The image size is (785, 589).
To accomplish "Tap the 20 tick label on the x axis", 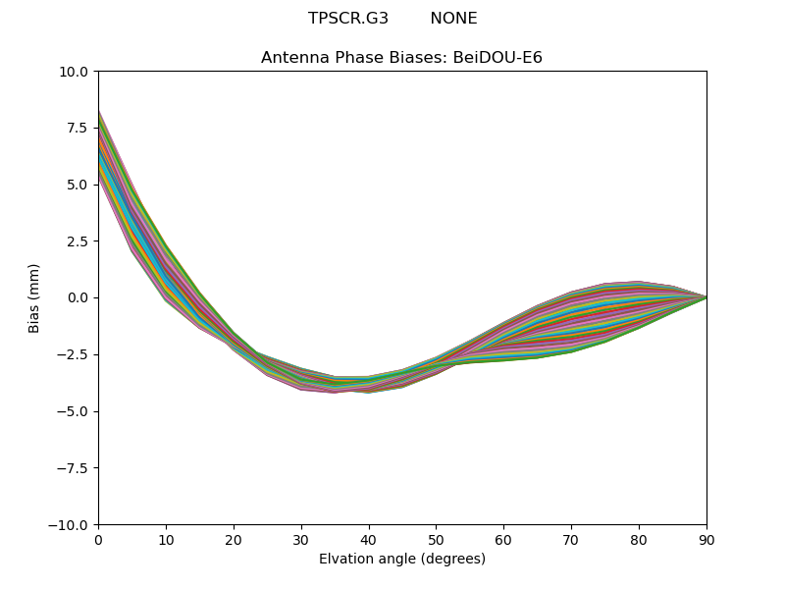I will pyautogui.click(x=234, y=539).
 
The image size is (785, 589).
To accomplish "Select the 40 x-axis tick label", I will pyautogui.click(x=369, y=539).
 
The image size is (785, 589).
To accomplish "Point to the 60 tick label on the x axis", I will pyautogui.click(x=503, y=539).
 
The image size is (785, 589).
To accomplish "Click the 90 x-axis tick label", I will pyautogui.click(x=706, y=539).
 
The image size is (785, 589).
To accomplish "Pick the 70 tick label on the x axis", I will pyautogui.click(x=571, y=539).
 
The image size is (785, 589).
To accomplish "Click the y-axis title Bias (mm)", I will pyautogui.click(x=34, y=297).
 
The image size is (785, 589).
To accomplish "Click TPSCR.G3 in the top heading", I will pyautogui.click(x=348, y=19).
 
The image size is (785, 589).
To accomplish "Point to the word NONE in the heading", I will pyautogui.click(x=453, y=19).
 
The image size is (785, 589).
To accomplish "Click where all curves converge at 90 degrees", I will pyautogui.click(x=706, y=297).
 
